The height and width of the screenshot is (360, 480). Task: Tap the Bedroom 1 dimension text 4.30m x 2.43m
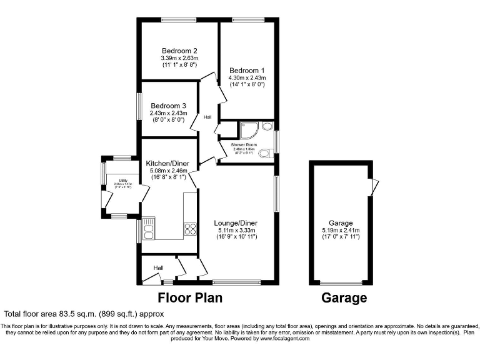[247, 78]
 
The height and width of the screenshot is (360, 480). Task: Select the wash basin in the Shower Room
[267, 127]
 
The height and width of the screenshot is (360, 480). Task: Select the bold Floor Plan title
[190, 297]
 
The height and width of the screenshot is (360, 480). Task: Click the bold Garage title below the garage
[344, 297]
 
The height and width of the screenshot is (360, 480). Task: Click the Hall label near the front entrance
[158, 267]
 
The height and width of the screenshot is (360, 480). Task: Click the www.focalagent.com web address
[284, 339]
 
